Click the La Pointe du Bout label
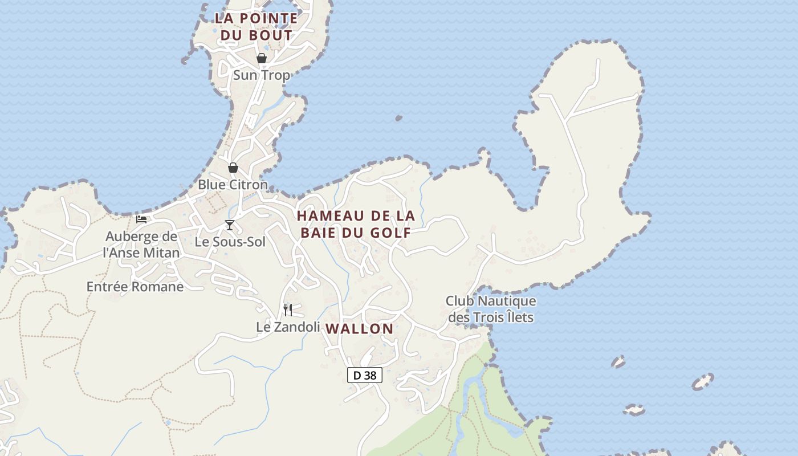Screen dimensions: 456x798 point(256,26)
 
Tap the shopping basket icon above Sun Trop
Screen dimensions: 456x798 point(261,58)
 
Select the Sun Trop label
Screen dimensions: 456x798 point(261,75)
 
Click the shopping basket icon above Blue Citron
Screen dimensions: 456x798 point(233,168)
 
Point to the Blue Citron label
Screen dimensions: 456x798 point(233,185)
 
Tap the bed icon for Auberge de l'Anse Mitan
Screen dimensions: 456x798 point(141,219)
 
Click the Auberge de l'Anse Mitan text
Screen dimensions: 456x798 point(141,245)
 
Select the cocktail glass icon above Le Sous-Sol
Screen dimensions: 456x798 point(229,225)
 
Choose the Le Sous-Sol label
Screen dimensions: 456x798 point(230,242)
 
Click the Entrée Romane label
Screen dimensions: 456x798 point(135,287)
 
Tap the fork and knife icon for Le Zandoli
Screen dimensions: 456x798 point(288,310)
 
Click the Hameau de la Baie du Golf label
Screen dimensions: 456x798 point(356,224)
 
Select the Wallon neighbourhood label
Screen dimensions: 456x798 point(359,328)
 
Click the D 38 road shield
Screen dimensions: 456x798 point(365,375)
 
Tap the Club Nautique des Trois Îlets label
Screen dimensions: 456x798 point(491,308)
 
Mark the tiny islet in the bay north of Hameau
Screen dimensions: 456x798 point(398,118)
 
